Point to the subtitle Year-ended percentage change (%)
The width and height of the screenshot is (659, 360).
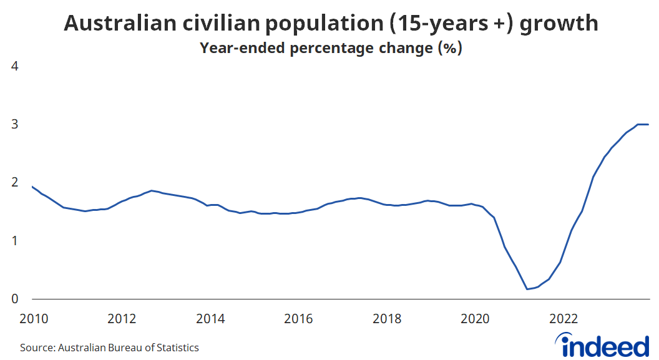click(x=330, y=48)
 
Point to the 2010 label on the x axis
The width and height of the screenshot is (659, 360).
click(x=34, y=319)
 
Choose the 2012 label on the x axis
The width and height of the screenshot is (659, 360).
click(x=122, y=319)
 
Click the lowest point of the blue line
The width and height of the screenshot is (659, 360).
click(x=527, y=289)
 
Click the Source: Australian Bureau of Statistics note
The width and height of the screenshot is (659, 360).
click(x=109, y=348)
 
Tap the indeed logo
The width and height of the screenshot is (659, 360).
click(x=605, y=345)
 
